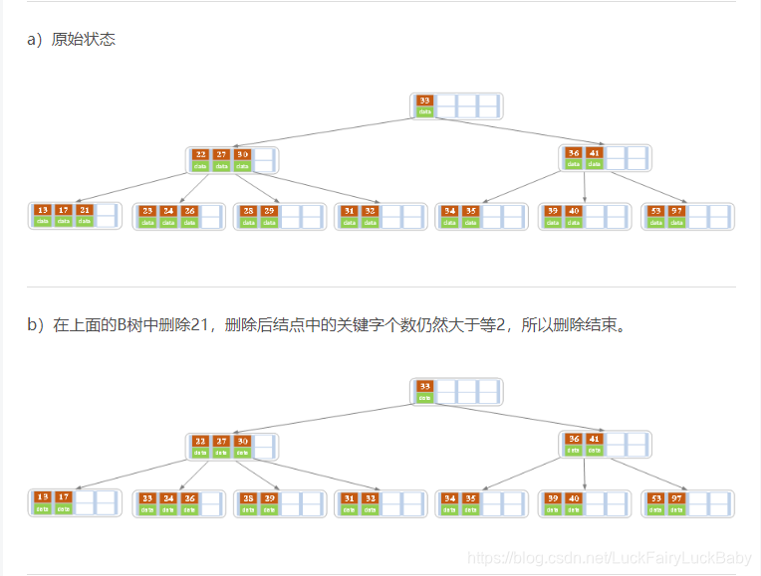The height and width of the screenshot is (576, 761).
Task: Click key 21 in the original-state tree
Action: pos(85,210)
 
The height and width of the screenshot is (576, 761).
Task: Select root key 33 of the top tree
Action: pos(425,100)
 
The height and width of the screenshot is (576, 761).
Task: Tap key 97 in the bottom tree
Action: pos(677,497)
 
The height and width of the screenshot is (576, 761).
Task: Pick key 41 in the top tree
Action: pos(595,153)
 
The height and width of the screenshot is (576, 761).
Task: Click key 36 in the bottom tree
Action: pos(574,439)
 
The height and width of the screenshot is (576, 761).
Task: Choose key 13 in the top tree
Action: pos(42,210)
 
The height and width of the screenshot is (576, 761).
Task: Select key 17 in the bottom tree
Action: pos(63,497)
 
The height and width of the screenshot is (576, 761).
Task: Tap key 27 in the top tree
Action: pos(221,154)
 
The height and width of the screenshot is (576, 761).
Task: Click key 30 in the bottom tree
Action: pos(242,441)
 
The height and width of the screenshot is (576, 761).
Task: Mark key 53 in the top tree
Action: pos(655,211)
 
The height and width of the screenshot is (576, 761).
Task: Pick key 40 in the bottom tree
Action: pos(574,497)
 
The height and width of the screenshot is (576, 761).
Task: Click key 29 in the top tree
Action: pos(269,211)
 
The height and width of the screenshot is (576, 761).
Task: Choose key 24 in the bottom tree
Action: pos(168,497)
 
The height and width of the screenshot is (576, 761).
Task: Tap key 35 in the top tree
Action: pos(471,211)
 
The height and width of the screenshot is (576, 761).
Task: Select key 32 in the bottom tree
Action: pos(370,497)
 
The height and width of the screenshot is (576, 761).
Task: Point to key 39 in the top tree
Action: pos(553,211)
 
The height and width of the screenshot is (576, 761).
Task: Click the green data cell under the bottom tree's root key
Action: pos(425,398)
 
